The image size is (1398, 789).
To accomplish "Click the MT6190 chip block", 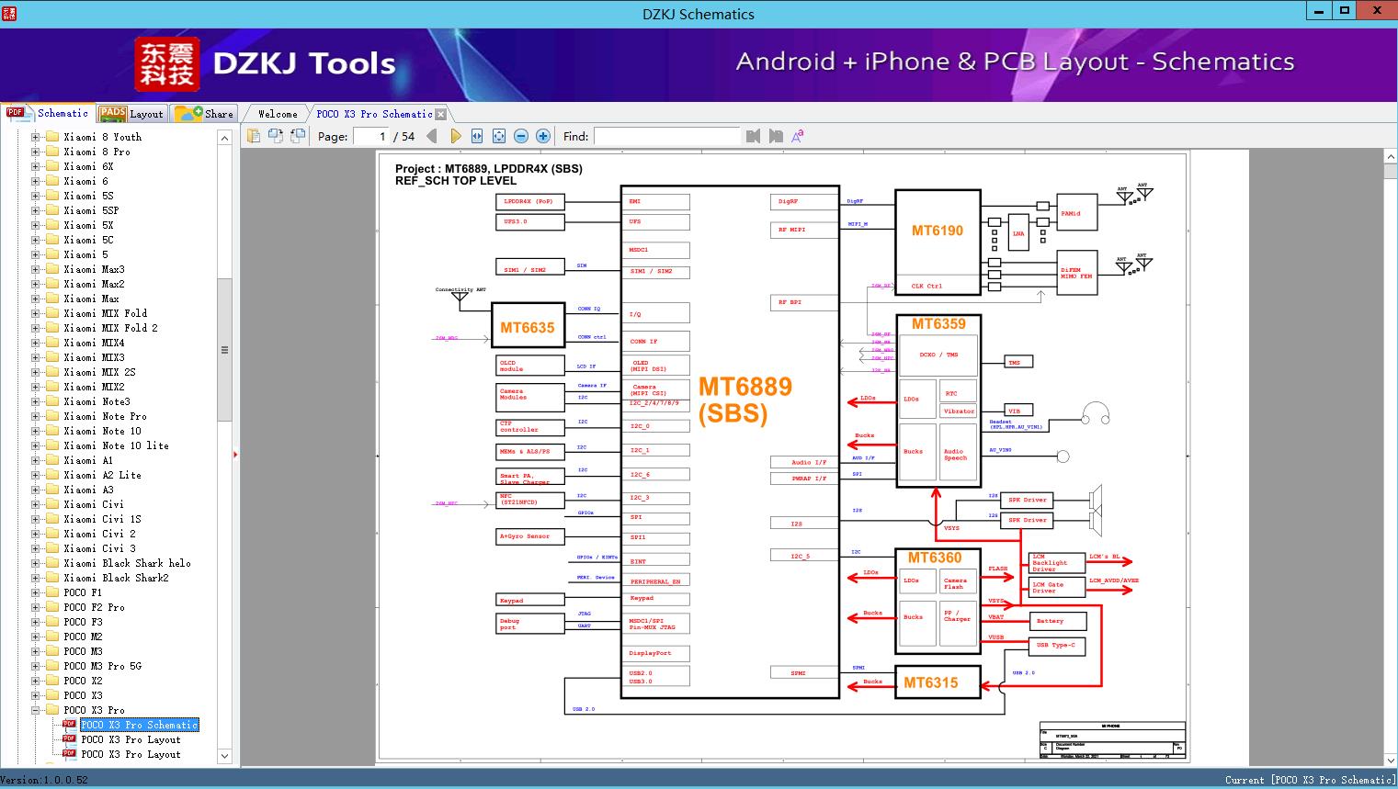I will click(937, 231).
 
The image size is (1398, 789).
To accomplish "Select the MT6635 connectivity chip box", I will click(527, 327).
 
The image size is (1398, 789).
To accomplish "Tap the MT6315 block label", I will click(930, 682).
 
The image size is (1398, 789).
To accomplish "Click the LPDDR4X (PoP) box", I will click(529, 201).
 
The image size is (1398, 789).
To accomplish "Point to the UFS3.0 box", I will click(529, 221).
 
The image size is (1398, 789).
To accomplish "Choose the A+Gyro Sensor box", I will click(529, 535).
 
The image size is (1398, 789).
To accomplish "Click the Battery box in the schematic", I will click(1056, 621).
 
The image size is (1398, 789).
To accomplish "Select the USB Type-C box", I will click(1056, 646).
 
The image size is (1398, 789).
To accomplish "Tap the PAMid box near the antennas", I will click(1076, 213).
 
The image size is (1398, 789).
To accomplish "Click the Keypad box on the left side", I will click(529, 600).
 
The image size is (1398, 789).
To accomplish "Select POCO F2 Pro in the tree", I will click(94, 607).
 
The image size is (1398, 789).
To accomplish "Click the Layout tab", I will click(132, 114).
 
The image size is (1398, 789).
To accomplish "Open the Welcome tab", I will click(277, 114).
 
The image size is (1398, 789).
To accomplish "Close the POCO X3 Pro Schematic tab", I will click(440, 114).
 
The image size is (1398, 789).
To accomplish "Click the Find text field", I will click(665, 136).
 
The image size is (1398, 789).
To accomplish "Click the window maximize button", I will click(1345, 11).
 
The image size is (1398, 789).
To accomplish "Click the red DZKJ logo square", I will click(167, 64).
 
